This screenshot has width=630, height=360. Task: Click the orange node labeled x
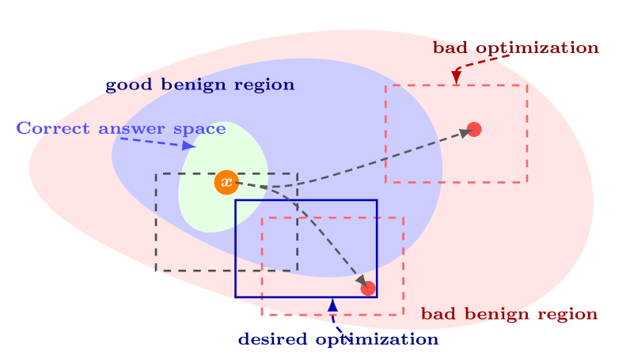click(x=226, y=183)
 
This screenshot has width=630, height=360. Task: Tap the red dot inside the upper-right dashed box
click(x=474, y=129)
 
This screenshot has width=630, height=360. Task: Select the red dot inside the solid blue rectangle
click(x=368, y=288)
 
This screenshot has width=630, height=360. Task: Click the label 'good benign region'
click(x=199, y=85)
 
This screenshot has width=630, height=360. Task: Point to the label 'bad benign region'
click(x=509, y=314)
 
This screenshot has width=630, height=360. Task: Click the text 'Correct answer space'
click(x=120, y=128)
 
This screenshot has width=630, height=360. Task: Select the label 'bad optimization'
click(x=515, y=47)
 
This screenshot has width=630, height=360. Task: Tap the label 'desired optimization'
click(x=338, y=339)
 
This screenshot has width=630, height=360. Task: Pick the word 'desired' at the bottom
click(x=271, y=339)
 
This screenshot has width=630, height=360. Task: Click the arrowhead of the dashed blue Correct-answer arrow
click(x=188, y=146)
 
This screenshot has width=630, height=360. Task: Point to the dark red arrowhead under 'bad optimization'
click(x=456, y=77)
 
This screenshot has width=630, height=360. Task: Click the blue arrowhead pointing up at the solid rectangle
click(x=332, y=305)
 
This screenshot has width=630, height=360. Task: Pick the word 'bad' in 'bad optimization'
click(x=450, y=47)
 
